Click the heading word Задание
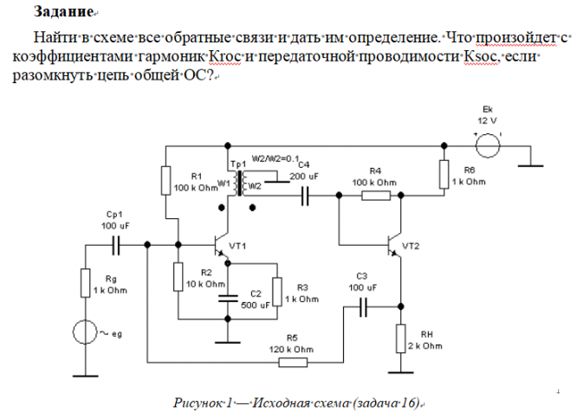(63, 12)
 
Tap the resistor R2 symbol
(177, 276)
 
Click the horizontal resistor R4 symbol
(374, 196)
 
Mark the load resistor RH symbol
(401, 338)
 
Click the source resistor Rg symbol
(86, 282)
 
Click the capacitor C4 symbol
(305, 197)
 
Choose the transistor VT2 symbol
(394, 244)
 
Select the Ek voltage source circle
(487, 145)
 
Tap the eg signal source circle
(85, 332)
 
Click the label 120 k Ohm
(296, 349)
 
